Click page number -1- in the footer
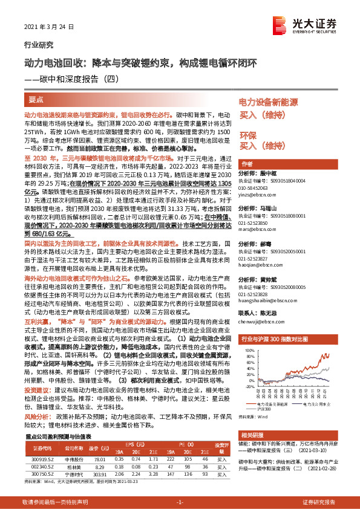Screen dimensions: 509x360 coord(179,502)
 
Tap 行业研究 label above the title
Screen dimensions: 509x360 coord(38,44)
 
